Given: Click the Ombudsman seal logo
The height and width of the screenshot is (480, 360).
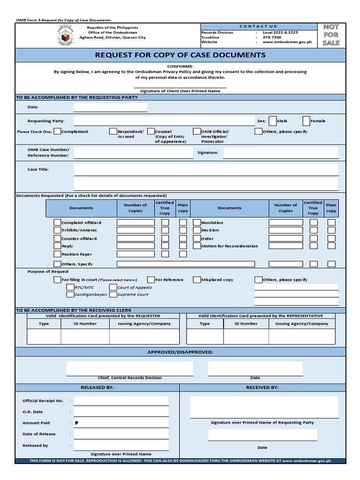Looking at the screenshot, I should click(66, 36).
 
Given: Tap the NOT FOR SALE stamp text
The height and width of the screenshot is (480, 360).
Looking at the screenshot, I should click(331, 35).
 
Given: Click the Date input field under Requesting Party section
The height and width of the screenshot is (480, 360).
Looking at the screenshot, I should click(110, 107).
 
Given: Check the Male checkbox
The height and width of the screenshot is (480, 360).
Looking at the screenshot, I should click(272, 121).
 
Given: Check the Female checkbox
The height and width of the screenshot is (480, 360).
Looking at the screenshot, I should click(306, 121).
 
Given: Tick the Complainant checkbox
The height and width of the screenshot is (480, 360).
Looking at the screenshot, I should click(57, 132).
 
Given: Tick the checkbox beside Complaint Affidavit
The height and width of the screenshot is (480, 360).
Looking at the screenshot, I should click(57, 223).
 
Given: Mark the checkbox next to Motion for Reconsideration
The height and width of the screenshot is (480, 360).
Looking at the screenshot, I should click(197, 246).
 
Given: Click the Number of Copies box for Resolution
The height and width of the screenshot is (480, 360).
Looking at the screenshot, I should click(285, 223).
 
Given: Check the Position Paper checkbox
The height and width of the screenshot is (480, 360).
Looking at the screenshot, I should click(57, 254).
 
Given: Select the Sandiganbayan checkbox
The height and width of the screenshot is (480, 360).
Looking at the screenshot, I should click(70, 294).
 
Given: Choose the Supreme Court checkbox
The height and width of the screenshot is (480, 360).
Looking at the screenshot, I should click(113, 294).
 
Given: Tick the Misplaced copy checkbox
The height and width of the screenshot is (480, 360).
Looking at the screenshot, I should click(197, 280).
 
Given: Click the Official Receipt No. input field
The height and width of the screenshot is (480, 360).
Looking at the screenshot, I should click(121, 401).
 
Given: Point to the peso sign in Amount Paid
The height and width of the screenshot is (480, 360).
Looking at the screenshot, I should click(76, 423).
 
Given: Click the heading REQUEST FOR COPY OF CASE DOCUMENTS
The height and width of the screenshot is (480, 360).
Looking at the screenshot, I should click(180, 55).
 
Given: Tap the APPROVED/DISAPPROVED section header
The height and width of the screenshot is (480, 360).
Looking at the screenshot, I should click(180, 352).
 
